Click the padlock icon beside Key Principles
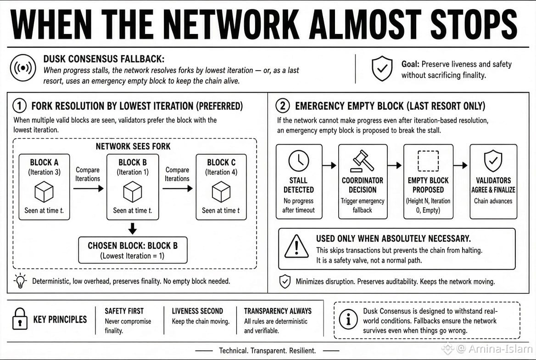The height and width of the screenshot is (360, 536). (20, 319)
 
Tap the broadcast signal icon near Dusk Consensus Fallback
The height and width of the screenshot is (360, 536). (23, 68)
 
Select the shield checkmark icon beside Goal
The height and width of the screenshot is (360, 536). (382, 68)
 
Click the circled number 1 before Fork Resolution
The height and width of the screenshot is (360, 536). (19, 106)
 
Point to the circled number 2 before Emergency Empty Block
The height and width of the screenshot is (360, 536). (283, 106)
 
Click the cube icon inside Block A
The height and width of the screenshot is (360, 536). (44, 191)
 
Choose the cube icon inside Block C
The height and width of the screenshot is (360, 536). (221, 191)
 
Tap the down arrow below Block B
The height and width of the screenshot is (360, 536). (133, 228)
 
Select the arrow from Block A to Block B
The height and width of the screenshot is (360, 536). (88, 188)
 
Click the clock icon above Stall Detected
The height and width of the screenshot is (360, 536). (299, 161)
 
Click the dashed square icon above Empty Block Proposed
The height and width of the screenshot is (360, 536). (428, 161)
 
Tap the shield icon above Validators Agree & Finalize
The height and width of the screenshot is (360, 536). (493, 161)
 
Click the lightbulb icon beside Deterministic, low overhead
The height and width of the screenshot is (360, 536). (20, 281)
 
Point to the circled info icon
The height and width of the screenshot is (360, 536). (348, 320)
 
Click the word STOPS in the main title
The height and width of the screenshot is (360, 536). (474, 24)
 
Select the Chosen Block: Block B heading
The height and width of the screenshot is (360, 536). (133, 246)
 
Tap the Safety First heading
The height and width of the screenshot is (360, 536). (124, 311)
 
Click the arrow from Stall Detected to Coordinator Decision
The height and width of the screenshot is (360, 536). (329, 166)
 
